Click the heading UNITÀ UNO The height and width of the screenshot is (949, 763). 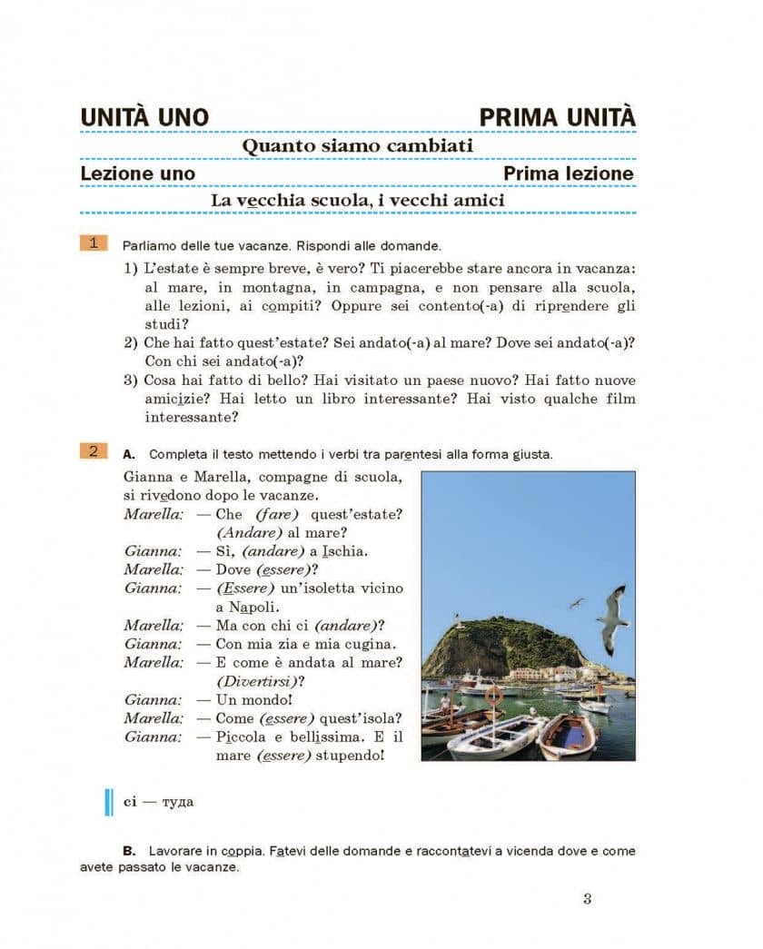point(144,118)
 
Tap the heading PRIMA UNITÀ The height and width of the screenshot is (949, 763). point(557,118)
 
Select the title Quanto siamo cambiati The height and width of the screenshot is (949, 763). point(357,146)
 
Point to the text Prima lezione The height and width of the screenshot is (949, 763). point(569,173)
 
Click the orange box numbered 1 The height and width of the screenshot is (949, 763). point(94,242)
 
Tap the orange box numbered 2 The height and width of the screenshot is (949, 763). point(94,451)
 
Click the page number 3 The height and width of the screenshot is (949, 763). point(587,899)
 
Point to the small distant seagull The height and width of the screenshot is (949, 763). point(576,602)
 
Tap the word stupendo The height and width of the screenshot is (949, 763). point(349,756)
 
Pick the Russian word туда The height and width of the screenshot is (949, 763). point(177,802)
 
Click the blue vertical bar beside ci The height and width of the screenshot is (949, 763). point(110,802)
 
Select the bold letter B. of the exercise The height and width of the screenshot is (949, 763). point(129,851)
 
